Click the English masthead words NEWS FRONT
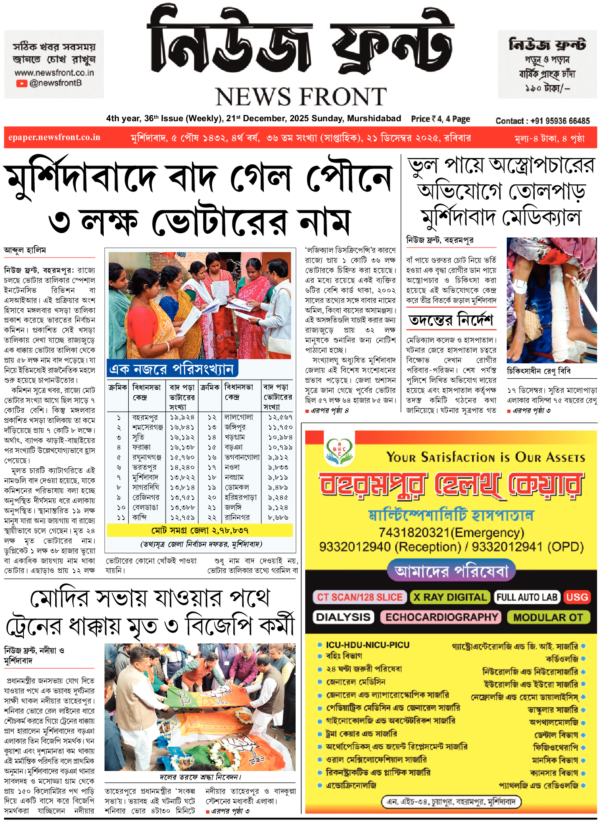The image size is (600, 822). click(301, 97)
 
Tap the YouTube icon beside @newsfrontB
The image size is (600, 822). click(21, 83)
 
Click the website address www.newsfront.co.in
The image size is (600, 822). click(54, 73)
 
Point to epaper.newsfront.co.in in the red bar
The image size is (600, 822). click(54, 138)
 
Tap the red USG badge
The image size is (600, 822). click(577, 597)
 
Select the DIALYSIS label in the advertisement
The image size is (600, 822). click(343, 617)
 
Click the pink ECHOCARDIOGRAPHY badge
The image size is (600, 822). click(441, 617)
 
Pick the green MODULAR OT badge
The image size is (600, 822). click(548, 617)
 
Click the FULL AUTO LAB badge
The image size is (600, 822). click(527, 597)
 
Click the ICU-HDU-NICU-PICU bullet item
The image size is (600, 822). click(368, 645)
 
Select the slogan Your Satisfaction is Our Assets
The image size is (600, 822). click(485, 457)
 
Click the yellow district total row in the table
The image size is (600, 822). click(200, 530)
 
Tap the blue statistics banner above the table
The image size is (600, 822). click(172, 369)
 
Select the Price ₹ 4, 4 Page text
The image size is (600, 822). click(440, 119)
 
